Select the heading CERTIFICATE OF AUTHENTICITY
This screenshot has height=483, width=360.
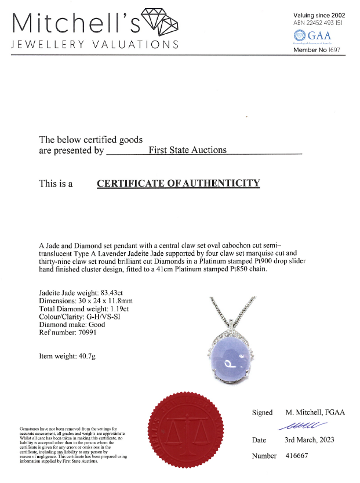[x=178, y=184]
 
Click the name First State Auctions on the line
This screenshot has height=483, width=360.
[x=188, y=150]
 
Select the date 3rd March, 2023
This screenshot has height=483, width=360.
[x=313, y=440]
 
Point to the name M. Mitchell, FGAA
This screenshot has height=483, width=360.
[x=315, y=412]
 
